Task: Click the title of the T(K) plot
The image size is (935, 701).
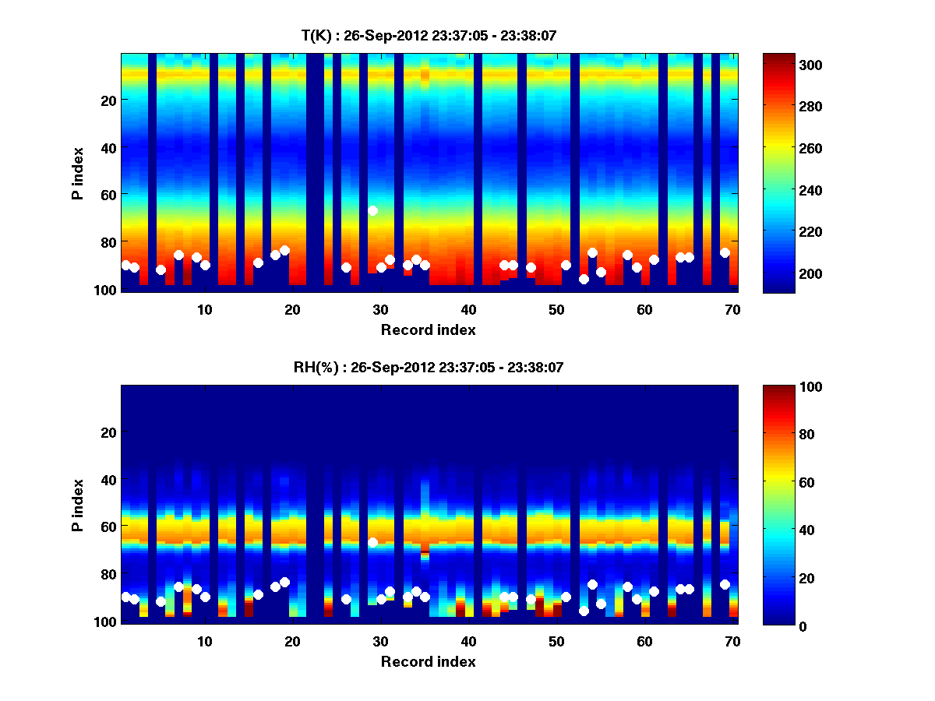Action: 429,35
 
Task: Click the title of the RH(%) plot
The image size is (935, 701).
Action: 429,367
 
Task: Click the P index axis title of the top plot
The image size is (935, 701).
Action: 78,173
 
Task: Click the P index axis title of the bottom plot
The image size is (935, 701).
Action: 78,505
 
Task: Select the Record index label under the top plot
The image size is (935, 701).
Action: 429,329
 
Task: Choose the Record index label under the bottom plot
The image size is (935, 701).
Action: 429,661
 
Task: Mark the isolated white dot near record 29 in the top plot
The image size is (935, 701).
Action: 373,210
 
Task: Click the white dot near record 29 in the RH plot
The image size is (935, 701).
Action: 373,542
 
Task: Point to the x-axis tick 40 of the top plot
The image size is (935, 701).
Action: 468,309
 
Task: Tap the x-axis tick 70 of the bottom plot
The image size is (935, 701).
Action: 732,641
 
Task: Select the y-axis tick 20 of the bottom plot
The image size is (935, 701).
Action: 108,432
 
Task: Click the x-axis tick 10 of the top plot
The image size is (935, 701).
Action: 204,309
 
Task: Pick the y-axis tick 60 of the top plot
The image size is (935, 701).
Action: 108,194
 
